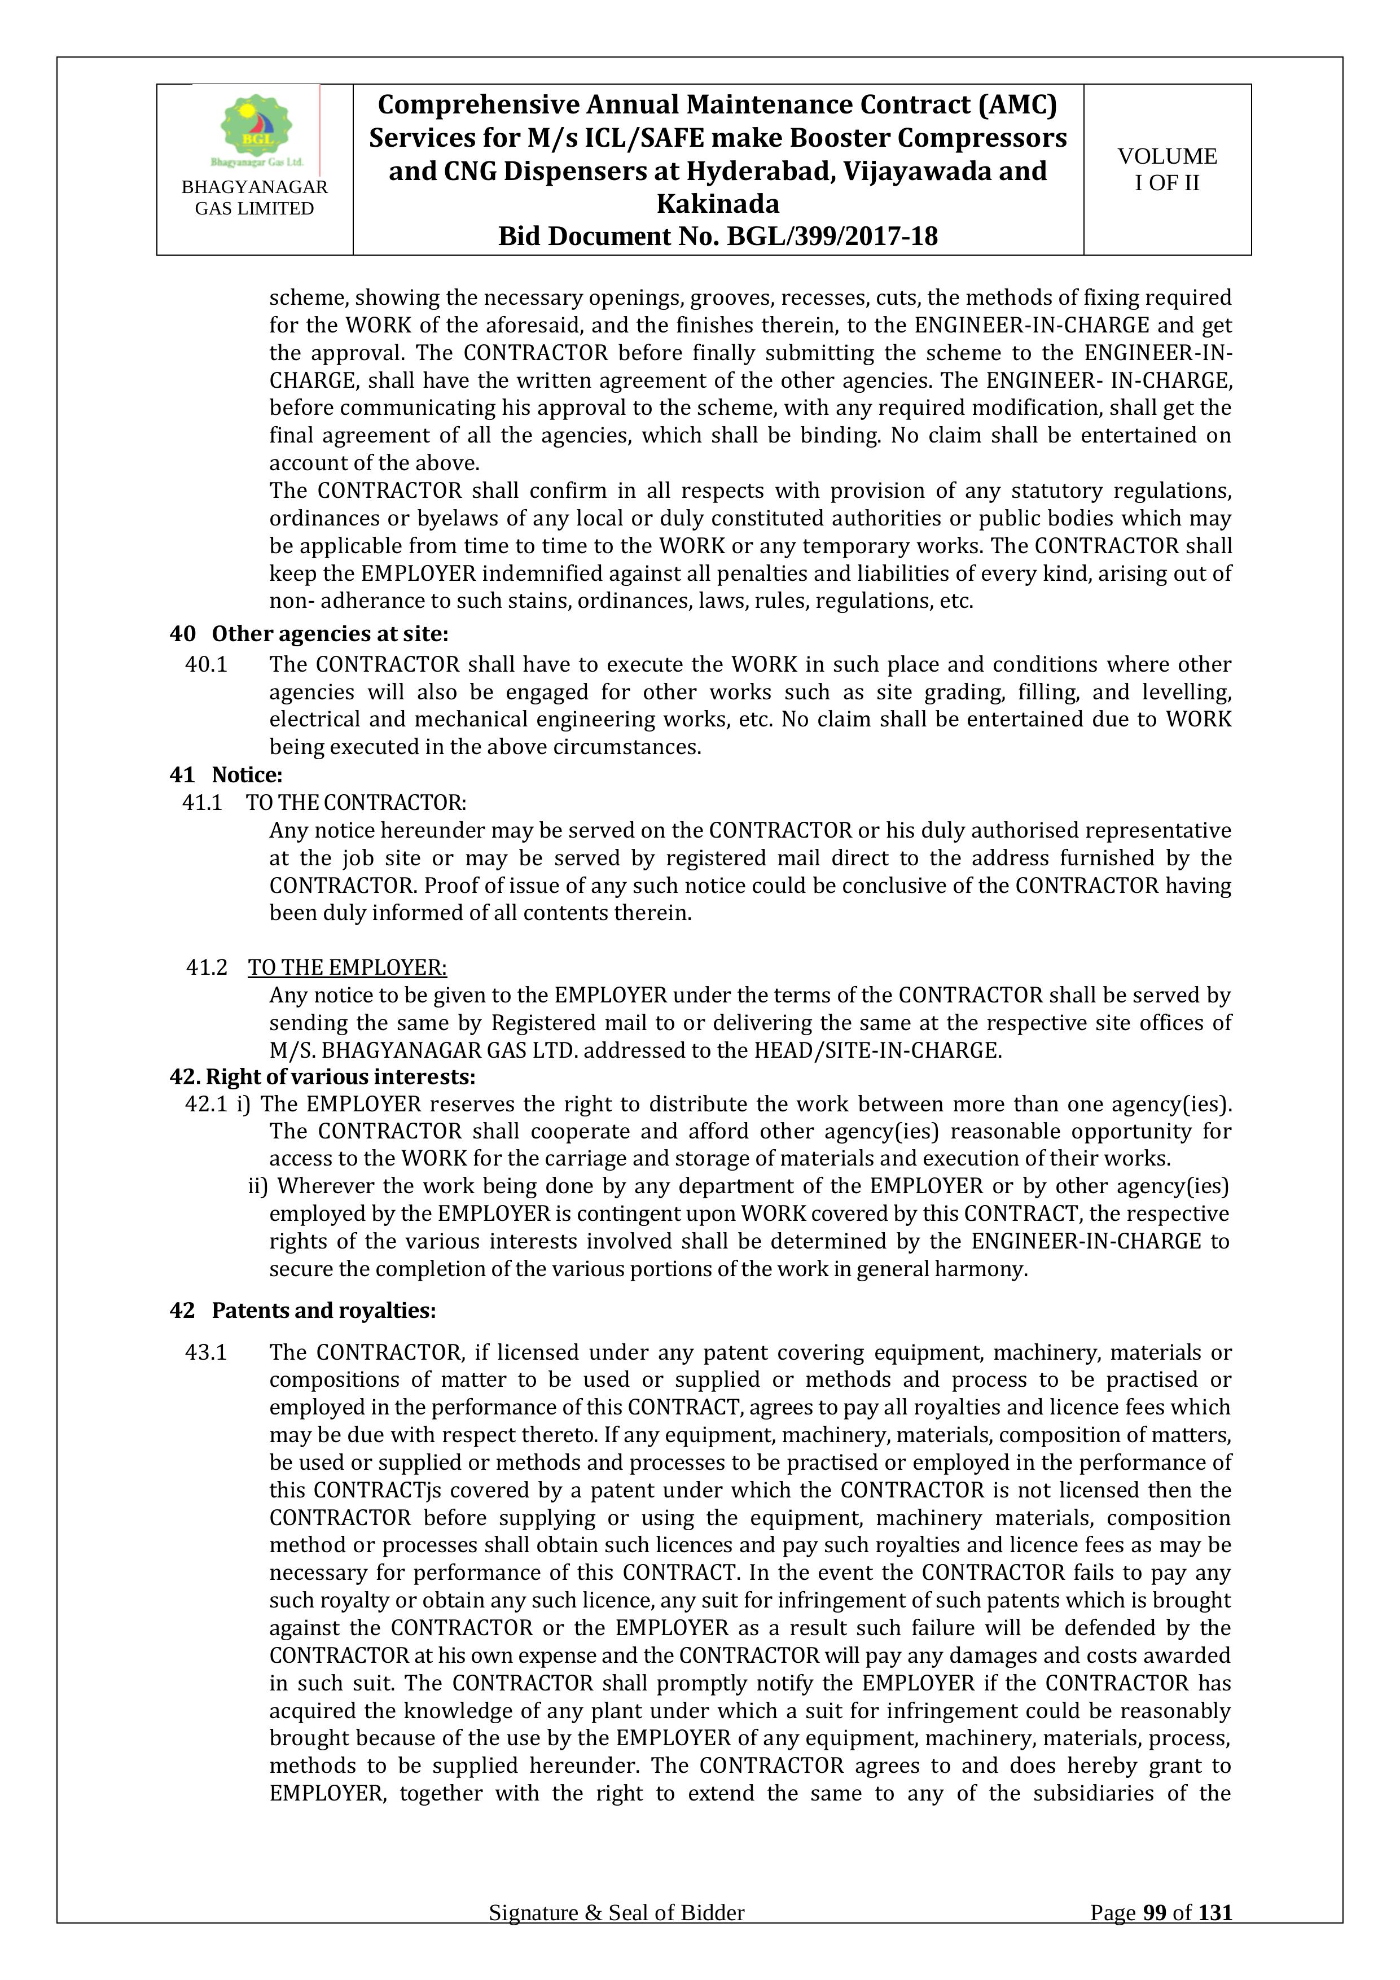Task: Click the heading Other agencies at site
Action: (330, 634)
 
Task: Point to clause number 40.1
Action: (206, 665)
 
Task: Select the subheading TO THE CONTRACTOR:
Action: (356, 803)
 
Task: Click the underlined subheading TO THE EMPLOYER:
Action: (348, 967)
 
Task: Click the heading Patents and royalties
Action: (323, 1311)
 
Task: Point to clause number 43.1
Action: (206, 1352)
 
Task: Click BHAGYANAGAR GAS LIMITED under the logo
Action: (254, 198)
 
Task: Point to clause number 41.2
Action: (207, 967)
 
